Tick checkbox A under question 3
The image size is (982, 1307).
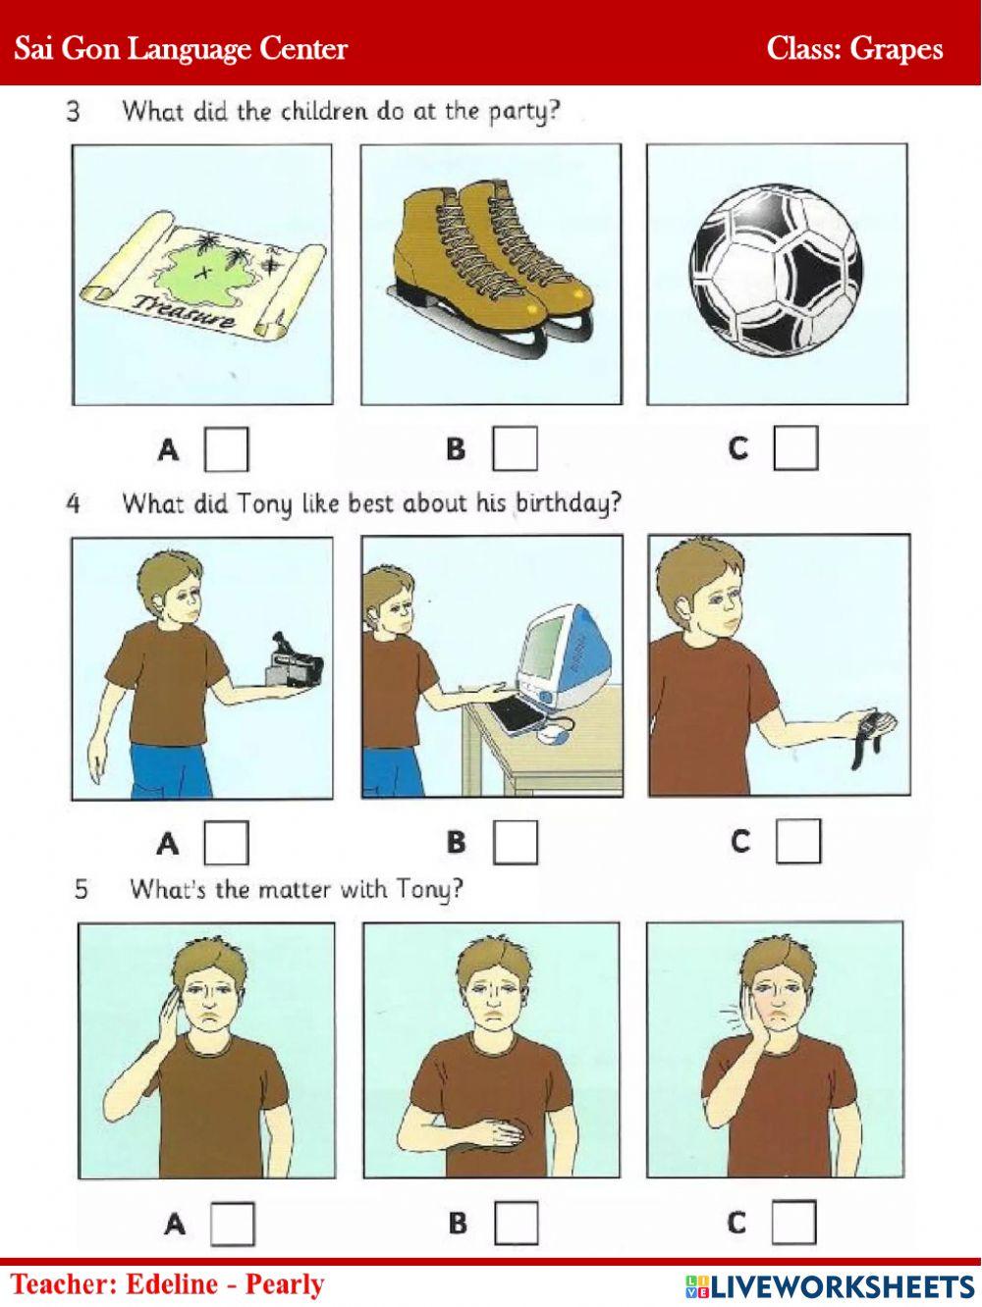pos(226,449)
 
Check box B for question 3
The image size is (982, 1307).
pos(515,449)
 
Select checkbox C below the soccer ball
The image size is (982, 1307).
pos(795,448)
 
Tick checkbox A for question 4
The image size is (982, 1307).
pos(226,842)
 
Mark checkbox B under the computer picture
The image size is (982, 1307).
pos(515,842)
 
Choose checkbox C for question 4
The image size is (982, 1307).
pos(797,841)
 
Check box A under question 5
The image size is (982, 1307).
pos(233,1224)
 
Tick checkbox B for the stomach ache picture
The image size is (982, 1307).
pos(517,1224)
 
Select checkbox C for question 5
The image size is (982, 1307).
pos(793,1223)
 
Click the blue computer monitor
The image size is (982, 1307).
pos(564,653)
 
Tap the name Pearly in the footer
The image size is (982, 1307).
pos(285,1283)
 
